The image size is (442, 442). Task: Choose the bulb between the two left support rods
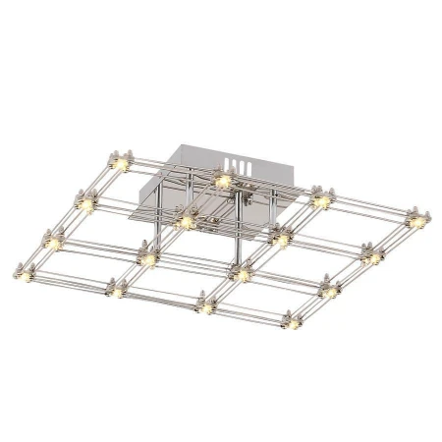185,221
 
